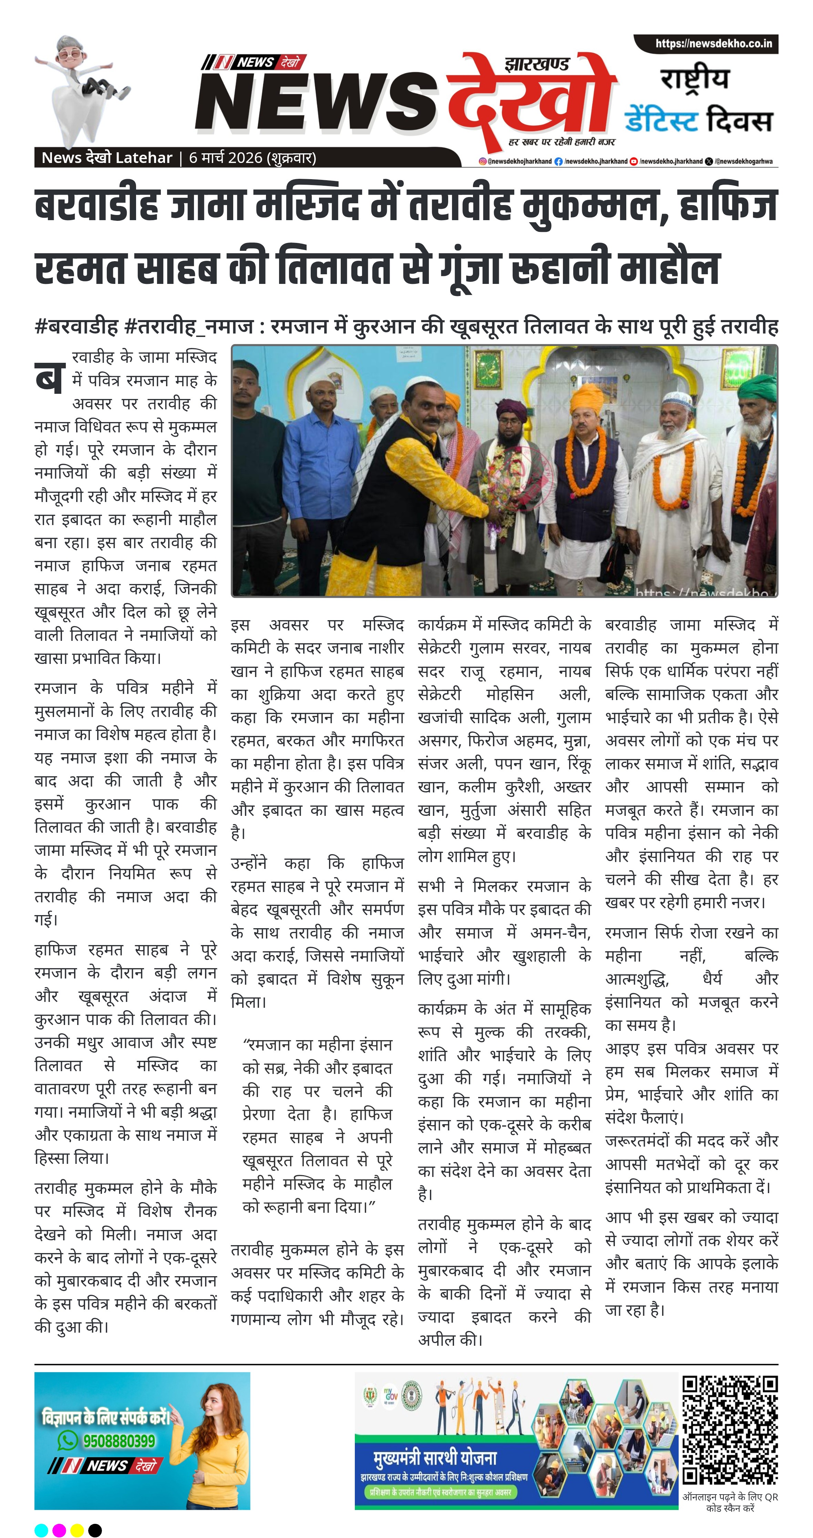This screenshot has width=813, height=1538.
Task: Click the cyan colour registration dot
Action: [x=41, y=1530]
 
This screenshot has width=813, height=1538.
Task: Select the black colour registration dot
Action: [x=95, y=1530]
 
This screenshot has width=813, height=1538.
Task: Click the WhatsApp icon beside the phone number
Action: [x=67, y=1441]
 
